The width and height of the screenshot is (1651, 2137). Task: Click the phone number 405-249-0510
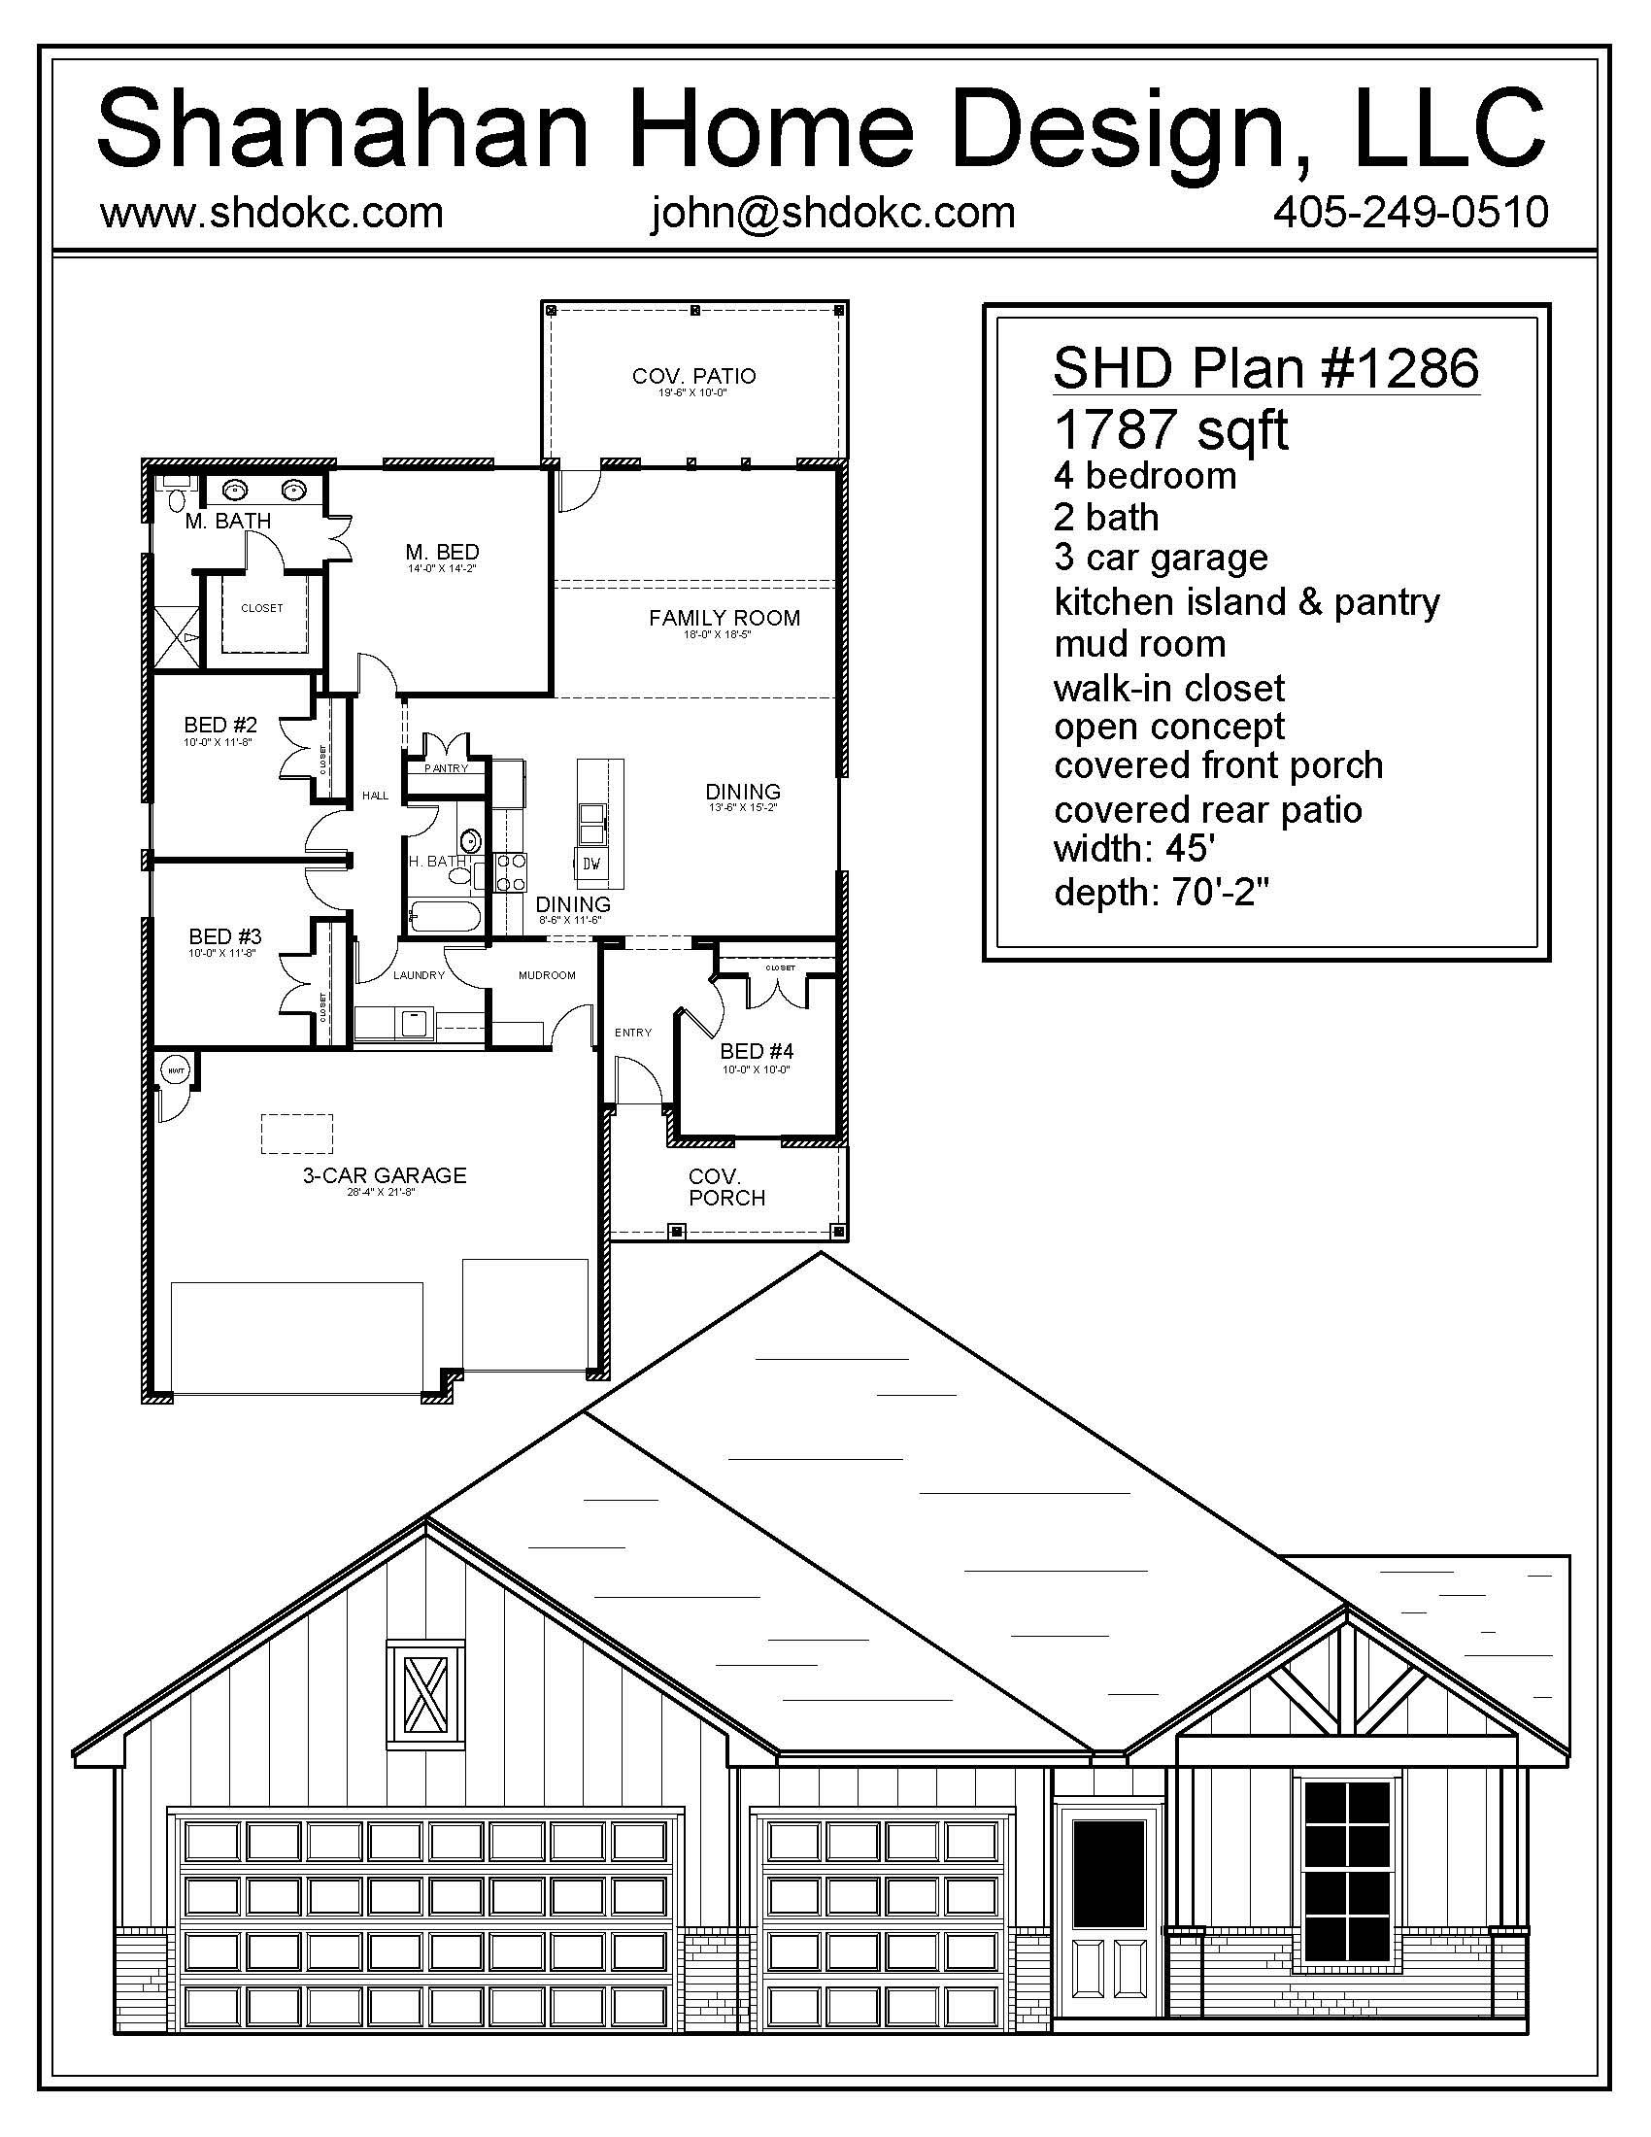click(x=1410, y=213)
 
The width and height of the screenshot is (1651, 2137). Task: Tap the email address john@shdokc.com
click(x=833, y=213)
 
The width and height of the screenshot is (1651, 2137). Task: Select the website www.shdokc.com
click(x=272, y=213)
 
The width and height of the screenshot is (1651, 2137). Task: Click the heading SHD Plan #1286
click(x=1265, y=368)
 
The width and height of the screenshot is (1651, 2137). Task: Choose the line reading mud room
click(x=1139, y=644)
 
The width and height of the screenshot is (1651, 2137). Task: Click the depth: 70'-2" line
click(x=1160, y=892)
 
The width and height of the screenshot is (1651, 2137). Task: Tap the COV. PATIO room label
click(x=693, y=376)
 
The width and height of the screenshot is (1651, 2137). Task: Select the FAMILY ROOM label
click(x=724, y=618)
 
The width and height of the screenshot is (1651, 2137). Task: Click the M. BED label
click(x=442, y=553)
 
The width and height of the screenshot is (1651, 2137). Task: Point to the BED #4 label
click(x=756, y=1051)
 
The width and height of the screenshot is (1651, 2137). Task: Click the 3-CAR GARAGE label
click(x=384, y=1175)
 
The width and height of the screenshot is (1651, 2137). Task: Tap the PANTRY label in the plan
click(x=446, y=768)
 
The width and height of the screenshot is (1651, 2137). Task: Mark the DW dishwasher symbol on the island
click(x=590, y=863)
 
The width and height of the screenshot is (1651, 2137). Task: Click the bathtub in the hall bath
click(x=445, y=918)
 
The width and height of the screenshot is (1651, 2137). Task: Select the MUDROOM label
click(x=547, y=974)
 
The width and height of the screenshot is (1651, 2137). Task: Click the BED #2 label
click(x=220, y=725)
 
